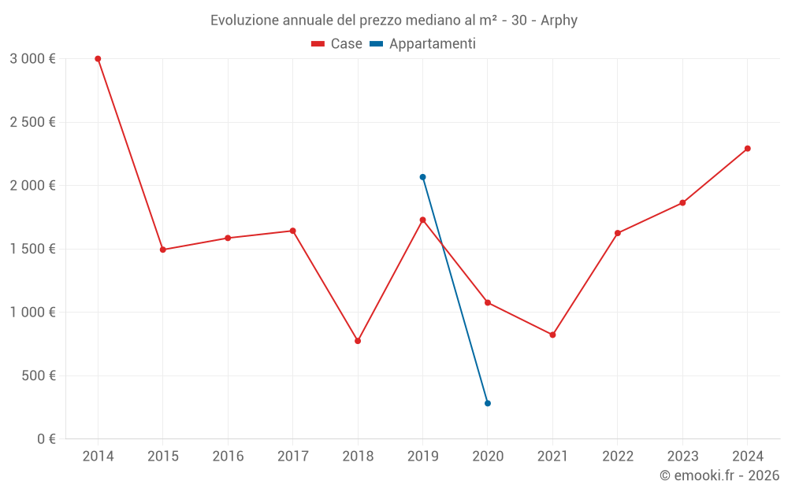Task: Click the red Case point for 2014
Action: click(98, 59)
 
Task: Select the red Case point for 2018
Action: click(358, 341)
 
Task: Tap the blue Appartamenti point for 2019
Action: click(422, 177)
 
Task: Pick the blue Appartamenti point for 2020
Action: click(488, 403)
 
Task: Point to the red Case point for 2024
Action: click(748, 149)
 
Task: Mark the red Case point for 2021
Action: click(552, 335)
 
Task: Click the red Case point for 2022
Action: click(618, 233)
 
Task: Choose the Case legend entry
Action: click(337, 44)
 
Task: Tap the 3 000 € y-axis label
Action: click(33, 59)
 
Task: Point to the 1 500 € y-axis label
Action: click(33, 249)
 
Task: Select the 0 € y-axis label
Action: click(45, 438)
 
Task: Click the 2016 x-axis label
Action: click(228, 457)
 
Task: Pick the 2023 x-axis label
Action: click(682, 457)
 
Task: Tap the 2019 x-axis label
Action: click(422, 457)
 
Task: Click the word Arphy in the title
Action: click(559, 20)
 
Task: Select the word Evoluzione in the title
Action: click(244, 20)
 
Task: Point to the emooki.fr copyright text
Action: click(719, 475)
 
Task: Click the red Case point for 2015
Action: click(162, 250)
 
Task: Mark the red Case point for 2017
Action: click(292, 231)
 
